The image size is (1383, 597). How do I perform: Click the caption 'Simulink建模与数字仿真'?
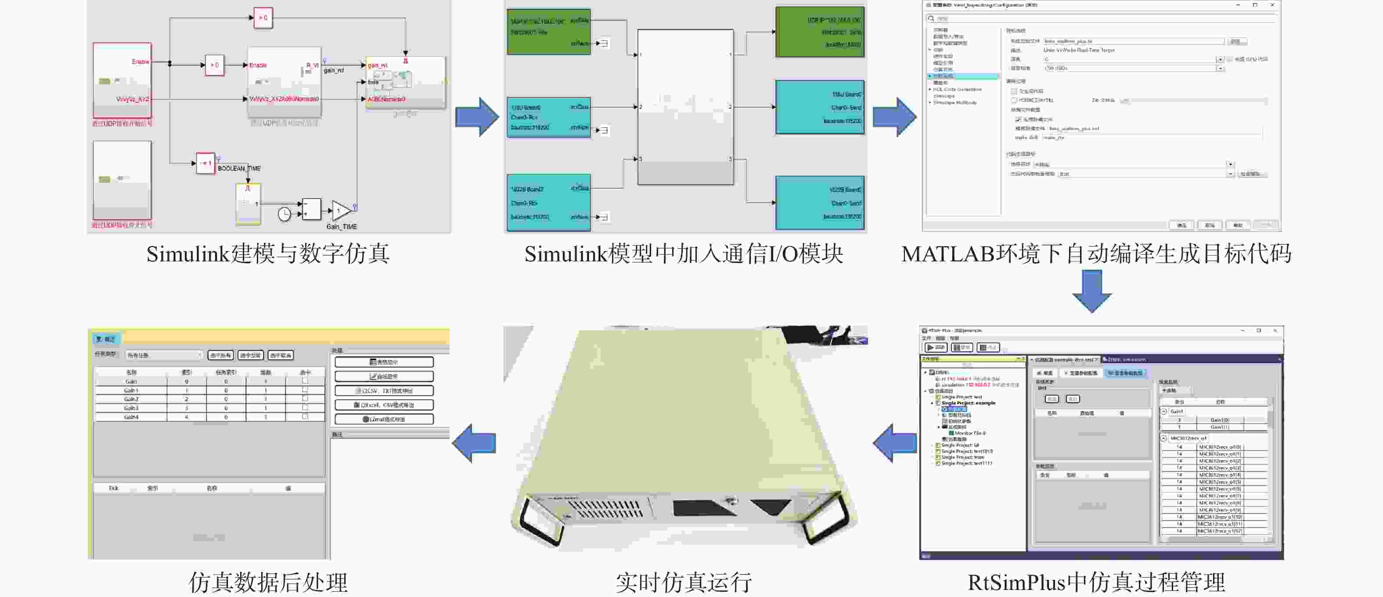268,253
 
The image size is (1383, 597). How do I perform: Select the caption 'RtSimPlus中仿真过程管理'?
1096,583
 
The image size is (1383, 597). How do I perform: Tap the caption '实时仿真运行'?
684,583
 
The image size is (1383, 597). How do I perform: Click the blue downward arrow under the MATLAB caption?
1091,291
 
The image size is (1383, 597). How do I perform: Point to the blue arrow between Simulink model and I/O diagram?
477,116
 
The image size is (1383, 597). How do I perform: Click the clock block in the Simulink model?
284,214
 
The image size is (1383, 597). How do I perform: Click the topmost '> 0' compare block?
263,18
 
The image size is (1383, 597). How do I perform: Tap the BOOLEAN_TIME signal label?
239,169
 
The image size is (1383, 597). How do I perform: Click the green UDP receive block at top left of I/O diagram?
549,31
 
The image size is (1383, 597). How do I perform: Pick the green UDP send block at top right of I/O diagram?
819,32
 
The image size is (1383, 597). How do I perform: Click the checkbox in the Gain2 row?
305,399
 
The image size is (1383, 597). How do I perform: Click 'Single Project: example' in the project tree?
968,403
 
